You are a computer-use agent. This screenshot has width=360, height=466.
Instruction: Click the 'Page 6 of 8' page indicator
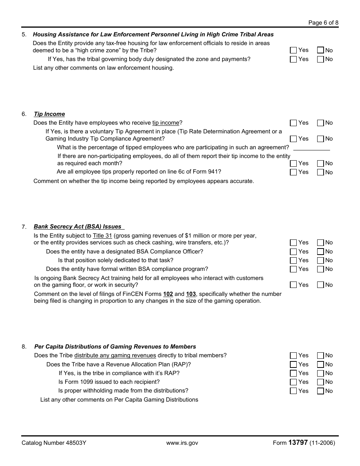323,23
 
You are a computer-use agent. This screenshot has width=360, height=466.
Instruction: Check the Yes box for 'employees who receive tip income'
293,123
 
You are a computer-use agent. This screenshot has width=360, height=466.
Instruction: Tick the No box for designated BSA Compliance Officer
321,252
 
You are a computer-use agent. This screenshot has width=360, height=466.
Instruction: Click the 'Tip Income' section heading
49,114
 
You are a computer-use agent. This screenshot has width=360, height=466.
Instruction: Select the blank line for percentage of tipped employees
311,148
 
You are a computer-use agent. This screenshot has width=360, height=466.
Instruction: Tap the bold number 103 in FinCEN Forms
191,294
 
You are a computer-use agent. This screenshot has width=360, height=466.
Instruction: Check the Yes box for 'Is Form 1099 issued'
293,382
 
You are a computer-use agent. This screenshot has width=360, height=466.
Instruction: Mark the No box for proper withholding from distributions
321,391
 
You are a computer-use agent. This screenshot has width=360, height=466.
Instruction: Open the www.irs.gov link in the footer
182,443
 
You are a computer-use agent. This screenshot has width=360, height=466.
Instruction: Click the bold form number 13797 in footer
298,443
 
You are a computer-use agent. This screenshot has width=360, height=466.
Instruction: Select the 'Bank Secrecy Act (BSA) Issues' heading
78,227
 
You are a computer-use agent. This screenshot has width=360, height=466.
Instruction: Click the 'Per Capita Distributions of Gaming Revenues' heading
115,347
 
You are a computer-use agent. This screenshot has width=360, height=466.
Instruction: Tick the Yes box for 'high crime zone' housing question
293,50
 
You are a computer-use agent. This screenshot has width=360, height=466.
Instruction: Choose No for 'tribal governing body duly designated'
321,59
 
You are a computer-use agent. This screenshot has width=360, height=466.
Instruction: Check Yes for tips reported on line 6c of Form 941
293,172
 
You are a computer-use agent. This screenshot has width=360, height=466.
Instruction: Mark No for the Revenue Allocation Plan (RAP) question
321,364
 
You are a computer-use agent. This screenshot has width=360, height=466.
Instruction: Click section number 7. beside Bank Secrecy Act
24,227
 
